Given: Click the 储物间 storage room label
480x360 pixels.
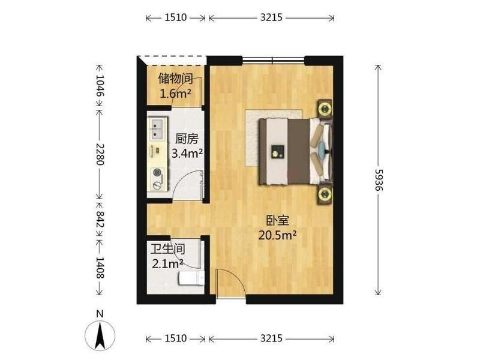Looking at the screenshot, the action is point(175,79).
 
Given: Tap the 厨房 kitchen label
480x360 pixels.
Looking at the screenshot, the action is point(187,139).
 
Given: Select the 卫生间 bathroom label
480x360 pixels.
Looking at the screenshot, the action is point(168,249).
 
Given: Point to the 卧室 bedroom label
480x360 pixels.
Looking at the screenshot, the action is point(278,220).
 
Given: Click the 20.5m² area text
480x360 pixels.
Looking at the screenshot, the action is point(277,235).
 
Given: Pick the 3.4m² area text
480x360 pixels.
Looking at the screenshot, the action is point(187,153).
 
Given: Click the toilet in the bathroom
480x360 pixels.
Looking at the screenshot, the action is point(191,278).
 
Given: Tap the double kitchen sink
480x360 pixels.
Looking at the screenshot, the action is point(158,129).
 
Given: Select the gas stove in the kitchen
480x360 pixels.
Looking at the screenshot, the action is point(158,179).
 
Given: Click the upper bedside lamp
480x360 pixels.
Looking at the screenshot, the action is point(325,109).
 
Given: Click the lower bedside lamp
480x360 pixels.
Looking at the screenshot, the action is point(325,193).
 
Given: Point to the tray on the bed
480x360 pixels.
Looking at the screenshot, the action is point(278,152).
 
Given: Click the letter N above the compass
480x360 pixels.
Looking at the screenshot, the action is point(100,314).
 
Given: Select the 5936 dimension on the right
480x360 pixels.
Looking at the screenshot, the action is point(379,179).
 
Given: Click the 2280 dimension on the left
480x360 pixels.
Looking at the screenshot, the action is point(100,154).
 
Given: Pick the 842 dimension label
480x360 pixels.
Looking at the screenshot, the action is point(100,218).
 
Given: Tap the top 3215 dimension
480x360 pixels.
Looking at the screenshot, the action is point(271,17).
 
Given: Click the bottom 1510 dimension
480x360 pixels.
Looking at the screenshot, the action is point(176,338).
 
